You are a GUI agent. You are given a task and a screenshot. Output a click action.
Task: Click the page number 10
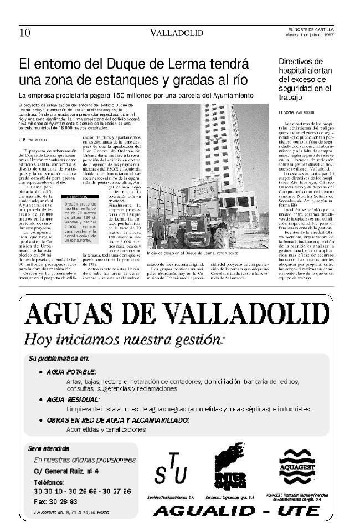(x=25, y=33)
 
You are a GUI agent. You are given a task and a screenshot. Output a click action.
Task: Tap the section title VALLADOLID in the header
(x=177, y=33)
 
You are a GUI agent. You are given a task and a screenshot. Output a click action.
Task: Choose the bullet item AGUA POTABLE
(x=71, y=372)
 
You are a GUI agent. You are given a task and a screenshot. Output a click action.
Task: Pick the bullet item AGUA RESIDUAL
(x=73, y=399)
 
